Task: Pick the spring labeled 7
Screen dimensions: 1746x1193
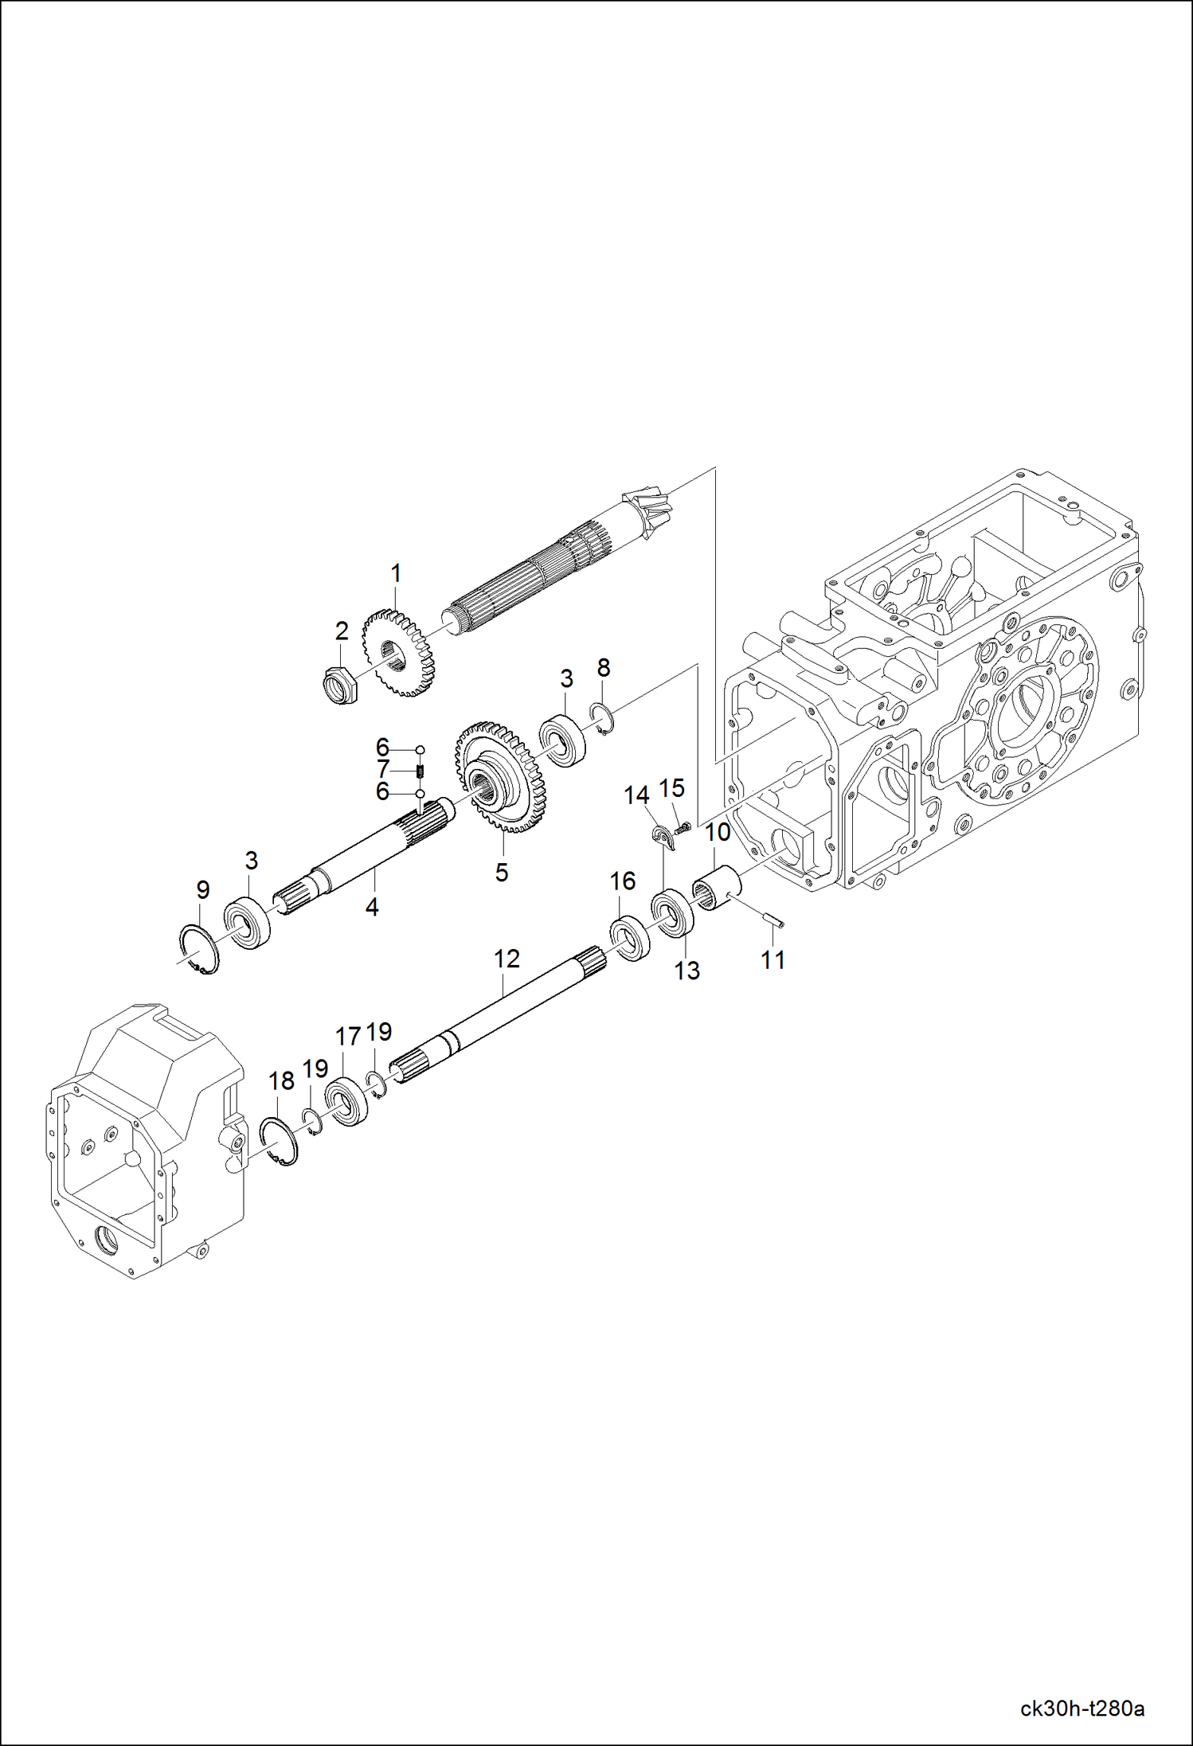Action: coord(421,771)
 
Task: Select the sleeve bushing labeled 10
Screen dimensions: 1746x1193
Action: coord(717,891)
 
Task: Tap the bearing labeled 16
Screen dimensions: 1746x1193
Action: coord(630,939)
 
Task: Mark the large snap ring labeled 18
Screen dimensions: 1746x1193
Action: coord(280,1141)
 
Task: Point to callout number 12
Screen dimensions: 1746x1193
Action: coord(507,959)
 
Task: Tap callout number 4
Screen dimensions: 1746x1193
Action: coord(372,907)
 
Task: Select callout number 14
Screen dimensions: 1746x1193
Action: coord(636,795)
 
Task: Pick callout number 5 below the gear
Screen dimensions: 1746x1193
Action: coord(501,873)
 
